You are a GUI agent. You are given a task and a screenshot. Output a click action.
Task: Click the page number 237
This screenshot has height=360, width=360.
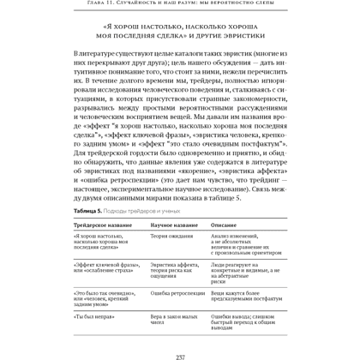click(x=180, y=354)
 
